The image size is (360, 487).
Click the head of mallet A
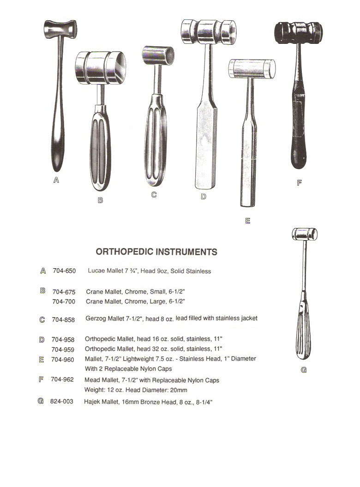(60, 29)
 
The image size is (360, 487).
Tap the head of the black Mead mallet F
(298, 32)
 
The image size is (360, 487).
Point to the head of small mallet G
(305, 234)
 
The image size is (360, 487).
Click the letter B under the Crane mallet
(100, 200)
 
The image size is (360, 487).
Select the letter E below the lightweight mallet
(248, 221)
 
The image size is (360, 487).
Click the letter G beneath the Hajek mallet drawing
(304, 370)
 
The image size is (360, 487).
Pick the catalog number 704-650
(64, 271)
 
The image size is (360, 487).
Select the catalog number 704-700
(64, 301)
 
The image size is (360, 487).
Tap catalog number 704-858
(64, 319)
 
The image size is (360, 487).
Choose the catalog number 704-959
(63, 349)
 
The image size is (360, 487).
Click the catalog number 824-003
(62, 402)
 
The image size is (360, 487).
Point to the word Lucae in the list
(97, 271)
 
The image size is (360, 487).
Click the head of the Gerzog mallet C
(158, 55)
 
